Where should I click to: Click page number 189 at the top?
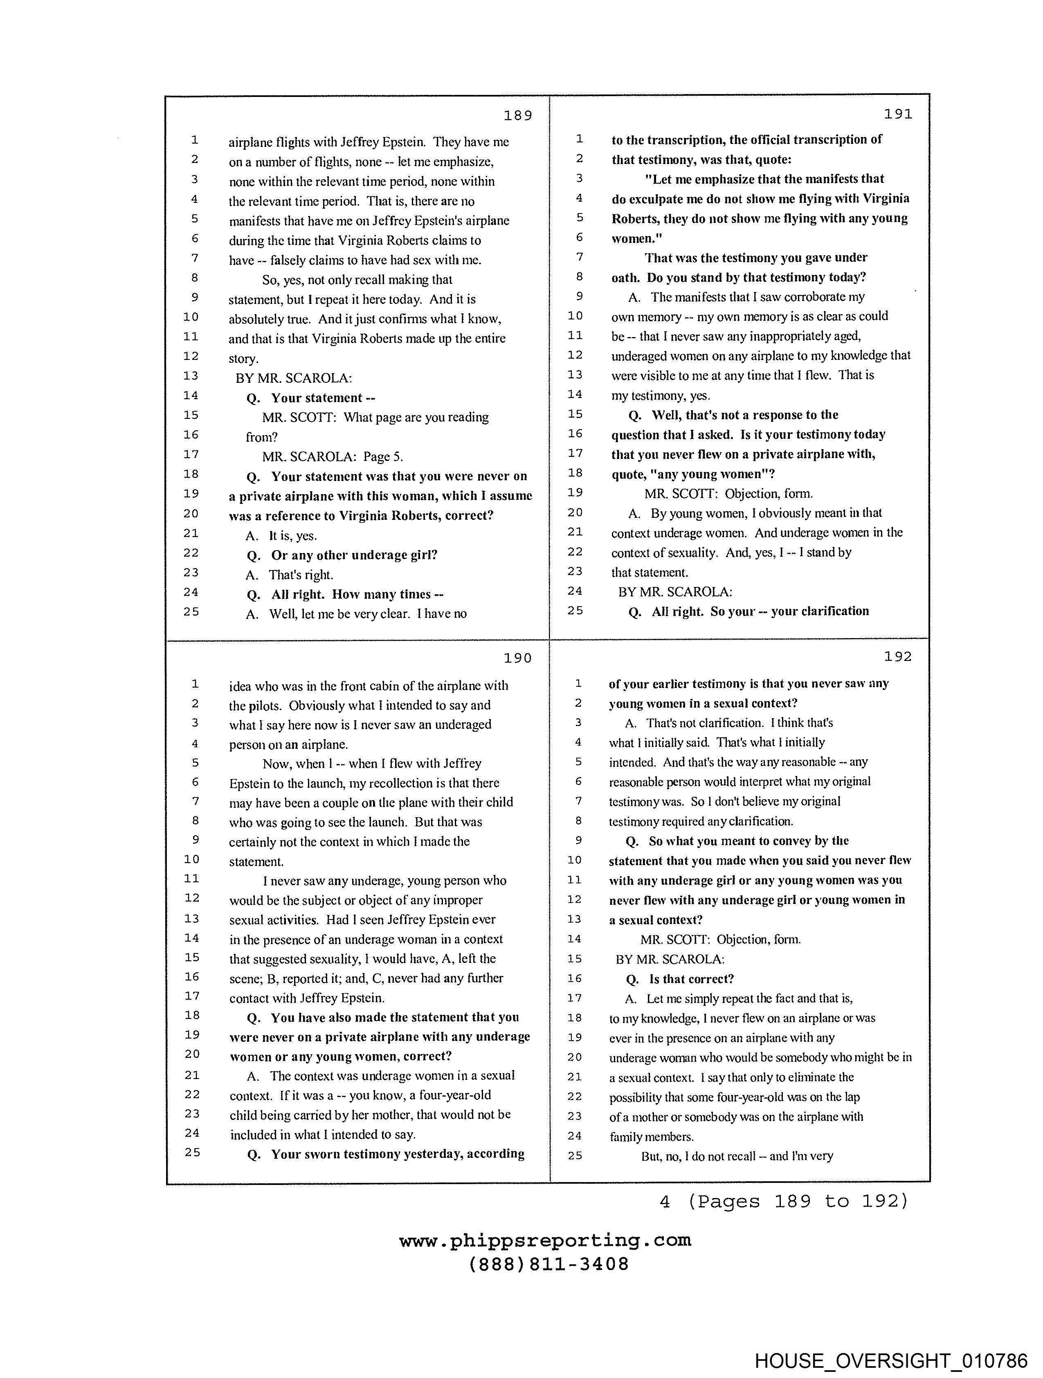pyautogui.click(x=518, y=115)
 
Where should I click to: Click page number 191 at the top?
pyautogui.click(x=898, y=114)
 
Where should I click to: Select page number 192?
pyautogui.click(x=898, y=656)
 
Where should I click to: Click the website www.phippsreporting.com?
pyautogui.click(x=545, y=1240)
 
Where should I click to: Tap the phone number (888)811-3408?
pyautogui.click(x=548, y=1264)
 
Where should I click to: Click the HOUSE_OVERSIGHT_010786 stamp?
pyautogui.click(x=890, y=1360)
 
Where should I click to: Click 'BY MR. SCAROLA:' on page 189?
pyautogui.click(x=293, y=378)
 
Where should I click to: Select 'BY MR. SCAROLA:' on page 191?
pyautogui.click(x=675, y=592)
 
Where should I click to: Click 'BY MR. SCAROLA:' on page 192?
pyautogui.click(x=670, y=960)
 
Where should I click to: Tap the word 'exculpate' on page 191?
pyautogui.click(x=661, y=199)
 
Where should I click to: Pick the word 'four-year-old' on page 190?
pyautogui.click(x=455, y=1095)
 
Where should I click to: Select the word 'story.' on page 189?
pyautogui.click(x=243, y=359)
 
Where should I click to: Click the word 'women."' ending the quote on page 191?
pyautogui.click(x=637, y=238)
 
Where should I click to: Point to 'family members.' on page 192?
pyautogui.click(x=651, y=1137)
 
